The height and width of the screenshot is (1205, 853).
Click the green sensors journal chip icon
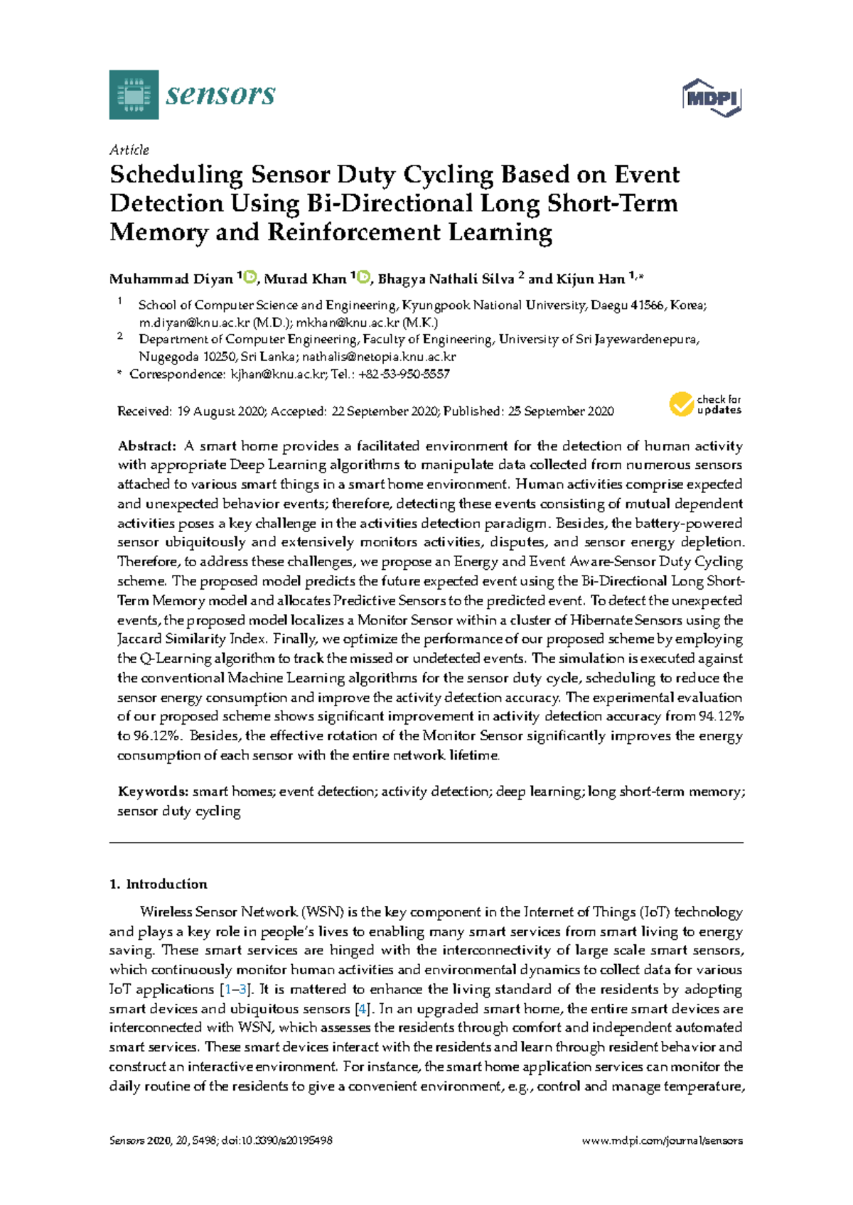pos(134,94)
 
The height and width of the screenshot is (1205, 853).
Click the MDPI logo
pos(712,98)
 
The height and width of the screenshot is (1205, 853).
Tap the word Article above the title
pos(129,150)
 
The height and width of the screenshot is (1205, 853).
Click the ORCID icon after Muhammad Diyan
pos(250,277)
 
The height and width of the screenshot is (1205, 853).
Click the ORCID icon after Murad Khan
pos(364,277)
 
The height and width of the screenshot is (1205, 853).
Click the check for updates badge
pos(705,404)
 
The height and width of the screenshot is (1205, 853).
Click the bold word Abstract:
pos(146,446)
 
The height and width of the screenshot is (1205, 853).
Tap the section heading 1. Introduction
pos(158,885)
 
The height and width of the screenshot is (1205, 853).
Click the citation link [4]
pos(363,1009)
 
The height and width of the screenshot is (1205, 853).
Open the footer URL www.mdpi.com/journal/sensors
pos(662,1141)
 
